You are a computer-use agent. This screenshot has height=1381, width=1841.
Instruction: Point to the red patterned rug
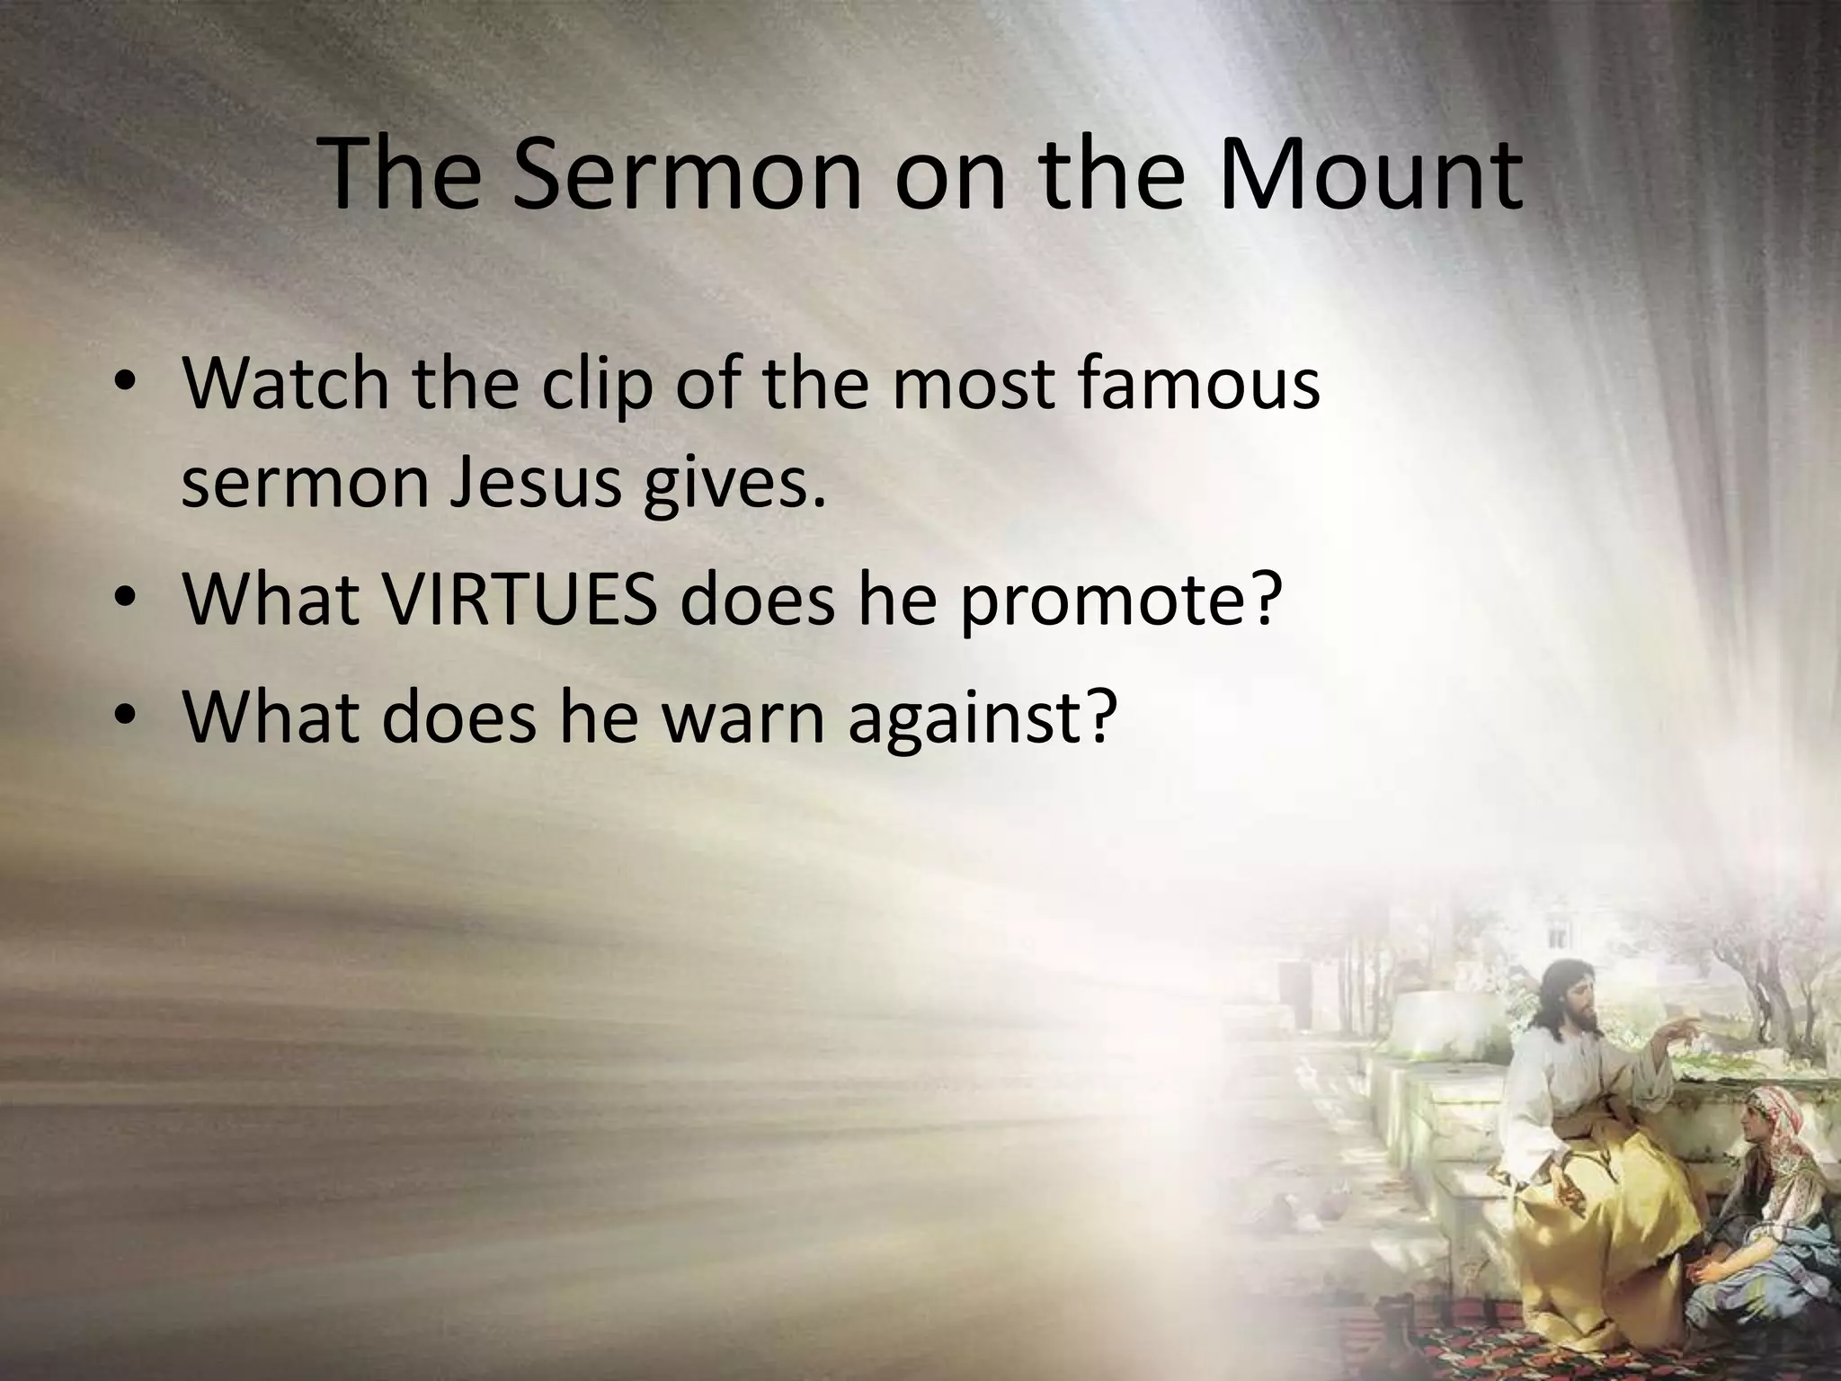pyautogui.click(x=1456, y=1349)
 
